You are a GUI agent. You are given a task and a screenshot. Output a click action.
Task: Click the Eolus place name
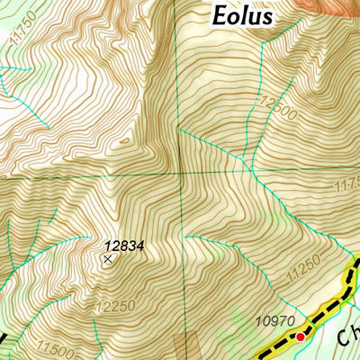(242, 16)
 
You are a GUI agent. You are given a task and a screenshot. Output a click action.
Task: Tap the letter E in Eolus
(219, 16)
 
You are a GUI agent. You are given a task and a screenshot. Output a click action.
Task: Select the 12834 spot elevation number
(123, 244)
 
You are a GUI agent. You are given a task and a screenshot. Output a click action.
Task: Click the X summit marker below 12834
(109, 259)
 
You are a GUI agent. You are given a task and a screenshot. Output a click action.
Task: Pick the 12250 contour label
(115, 307)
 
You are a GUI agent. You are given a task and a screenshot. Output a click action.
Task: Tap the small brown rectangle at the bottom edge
(190, 346)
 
